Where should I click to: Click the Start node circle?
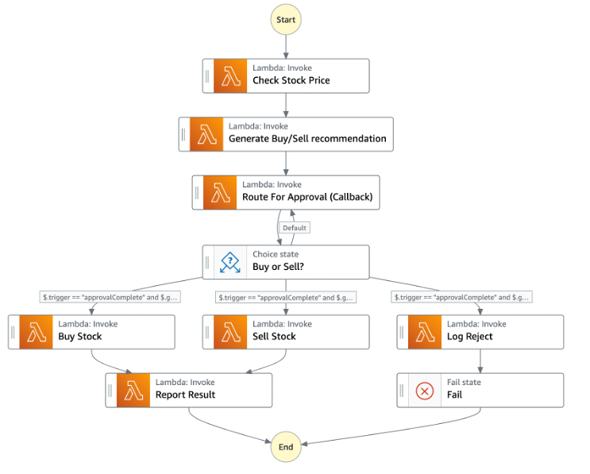click(286, 19)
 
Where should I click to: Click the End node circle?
click(286, 447)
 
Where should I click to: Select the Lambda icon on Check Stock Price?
click(231, 75)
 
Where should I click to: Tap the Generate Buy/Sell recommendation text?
click(307, 139)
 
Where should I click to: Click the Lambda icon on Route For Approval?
click(220, 192)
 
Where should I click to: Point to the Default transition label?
click(294, 228)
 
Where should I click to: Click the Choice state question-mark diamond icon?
click(230, 262)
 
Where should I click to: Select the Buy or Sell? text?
click(278, 268)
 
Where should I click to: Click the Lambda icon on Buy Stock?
click(37, 331)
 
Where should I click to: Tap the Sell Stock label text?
click(274, 337)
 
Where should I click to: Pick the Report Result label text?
click(185, 395)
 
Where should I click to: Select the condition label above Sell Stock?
click(287, 298)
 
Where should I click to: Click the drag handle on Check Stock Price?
click(207, 75)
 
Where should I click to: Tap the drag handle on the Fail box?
click(402, 390)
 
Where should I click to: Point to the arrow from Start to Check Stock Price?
click(286, 45)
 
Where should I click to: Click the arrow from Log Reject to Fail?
click(480, 360)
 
